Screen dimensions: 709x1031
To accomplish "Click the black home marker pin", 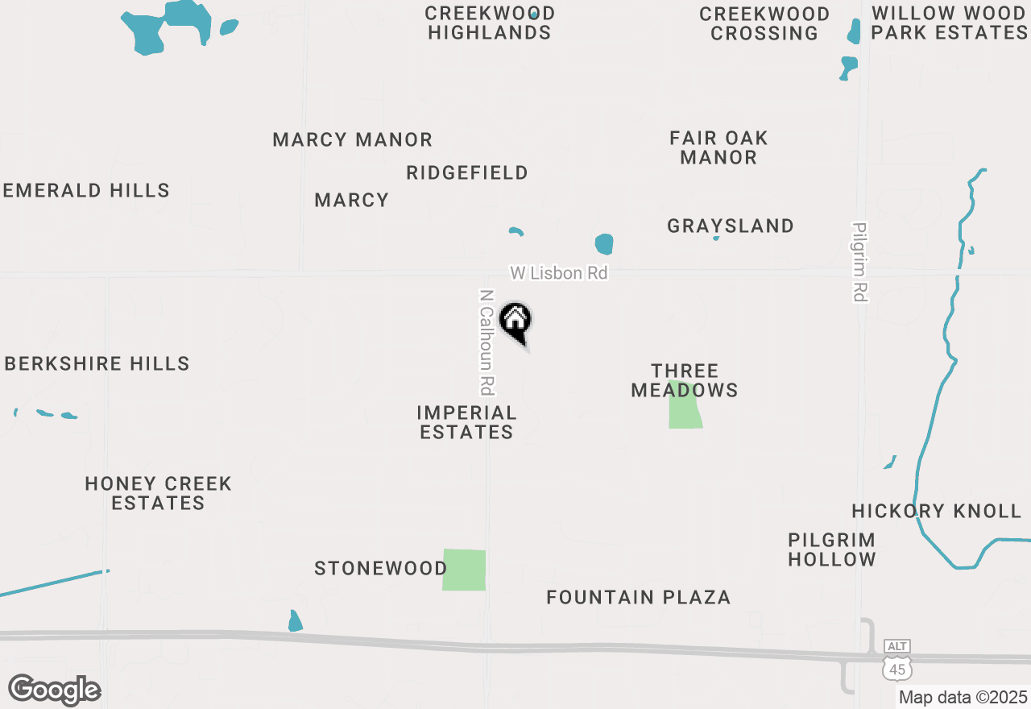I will pyautogui.click(x=515, y=321).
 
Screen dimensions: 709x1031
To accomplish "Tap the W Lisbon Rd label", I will pyautogui.click(x=558, y=273).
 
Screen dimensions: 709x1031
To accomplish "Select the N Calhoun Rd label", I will pyautogui.click(x=486, y=342).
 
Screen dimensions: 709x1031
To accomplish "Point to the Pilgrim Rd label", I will pyautogui.click(x=859, y=263).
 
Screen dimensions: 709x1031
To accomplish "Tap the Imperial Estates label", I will pyautogui.click(x=466, y=422).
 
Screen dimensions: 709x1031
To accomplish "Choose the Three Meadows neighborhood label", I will pyautogui.click(x=684, y=380).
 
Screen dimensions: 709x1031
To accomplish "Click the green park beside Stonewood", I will pyautogui.click(x=464, y=570).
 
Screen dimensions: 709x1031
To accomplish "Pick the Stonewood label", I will pyautogui.click(x=380, y=569).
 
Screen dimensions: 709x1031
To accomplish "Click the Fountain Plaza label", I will pyautogui.click(x=638, y=597).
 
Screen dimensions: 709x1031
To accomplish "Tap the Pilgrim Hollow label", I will pyautogui.click(x=831, y=549).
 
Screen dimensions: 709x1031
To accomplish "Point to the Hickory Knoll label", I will pyautogui.click(x=936, y=511).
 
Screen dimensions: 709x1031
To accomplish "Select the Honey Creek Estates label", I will pyautogui.click(x=158, y=493).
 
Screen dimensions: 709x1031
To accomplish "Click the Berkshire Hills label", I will pyautogui.click(x=97, y=363).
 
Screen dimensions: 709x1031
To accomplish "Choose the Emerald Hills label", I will pyautogui.click(x=86, y=190).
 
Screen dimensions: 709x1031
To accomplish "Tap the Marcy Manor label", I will pyautogui.click(x=352, y=139).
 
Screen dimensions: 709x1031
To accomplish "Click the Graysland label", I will pyautogui.click(x=730, y=226).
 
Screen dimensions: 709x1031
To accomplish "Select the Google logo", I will pyautogui.click(x=54, y=690).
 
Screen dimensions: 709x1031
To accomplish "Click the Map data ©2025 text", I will pyautogui.click(x=963, y=697).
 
